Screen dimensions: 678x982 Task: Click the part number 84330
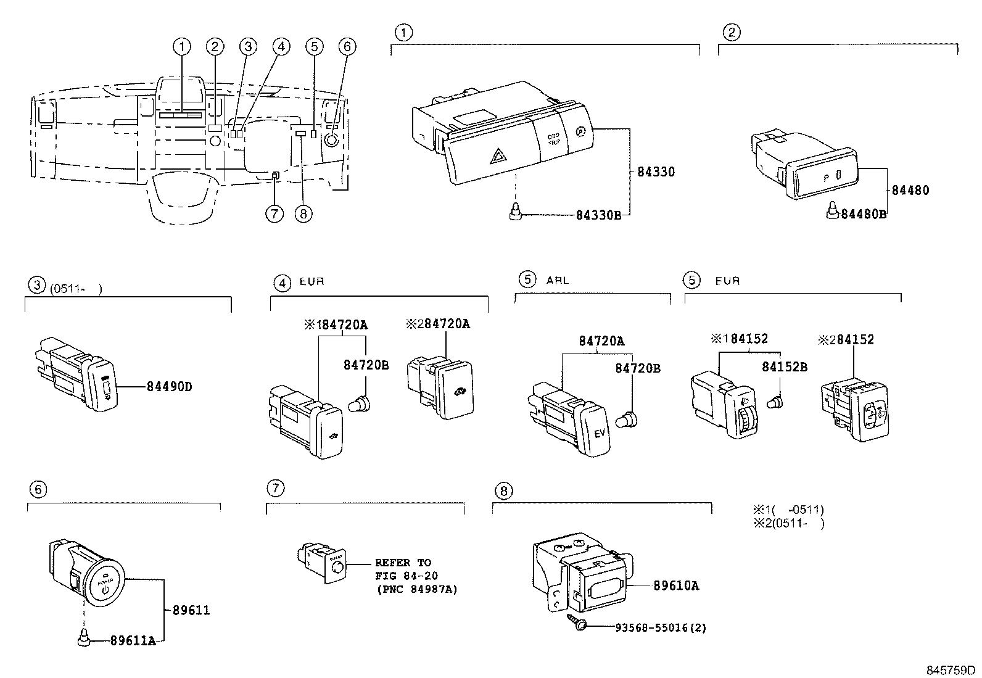(656, 172)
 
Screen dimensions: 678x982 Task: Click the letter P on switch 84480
(825, 177)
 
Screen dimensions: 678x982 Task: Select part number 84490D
(169, 387)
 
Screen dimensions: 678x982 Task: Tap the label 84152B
(784, 366)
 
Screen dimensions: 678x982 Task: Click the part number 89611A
(133, 641)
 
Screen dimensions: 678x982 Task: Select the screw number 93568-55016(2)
(661, 628)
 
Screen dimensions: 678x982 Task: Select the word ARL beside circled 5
(557, 280)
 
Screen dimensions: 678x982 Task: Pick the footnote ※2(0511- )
(788, 523)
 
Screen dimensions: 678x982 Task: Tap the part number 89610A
(676, 585)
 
